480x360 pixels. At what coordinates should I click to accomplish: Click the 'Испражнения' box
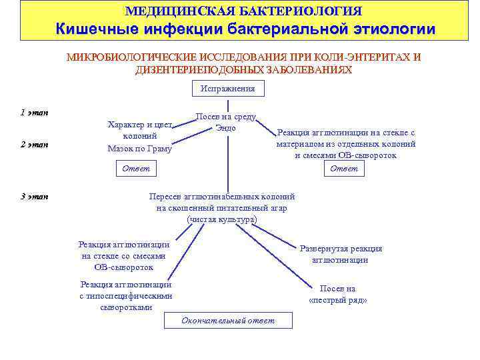[227, 89]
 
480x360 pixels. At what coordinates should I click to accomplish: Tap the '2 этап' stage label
[34, 145]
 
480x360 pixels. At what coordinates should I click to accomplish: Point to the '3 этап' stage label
[34, 196]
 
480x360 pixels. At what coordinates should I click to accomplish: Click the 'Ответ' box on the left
[136, 169]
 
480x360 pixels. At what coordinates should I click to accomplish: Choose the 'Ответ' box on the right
[344, 169]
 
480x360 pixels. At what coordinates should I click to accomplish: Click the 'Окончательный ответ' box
[227, 321]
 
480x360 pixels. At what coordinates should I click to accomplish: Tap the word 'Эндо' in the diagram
[225, 128]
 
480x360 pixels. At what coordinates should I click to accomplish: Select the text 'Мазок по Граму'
[139, 149]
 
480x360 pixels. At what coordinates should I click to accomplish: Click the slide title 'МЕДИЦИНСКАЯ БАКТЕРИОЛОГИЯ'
[244, 11]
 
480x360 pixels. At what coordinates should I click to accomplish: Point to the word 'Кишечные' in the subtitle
[95, 29]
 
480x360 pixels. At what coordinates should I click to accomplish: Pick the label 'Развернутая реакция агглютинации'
[340, 254]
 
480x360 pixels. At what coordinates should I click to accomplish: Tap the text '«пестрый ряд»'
[338, 300]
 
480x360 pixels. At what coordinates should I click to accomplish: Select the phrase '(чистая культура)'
[222, 219]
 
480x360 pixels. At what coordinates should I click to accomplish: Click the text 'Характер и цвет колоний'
[139, 130]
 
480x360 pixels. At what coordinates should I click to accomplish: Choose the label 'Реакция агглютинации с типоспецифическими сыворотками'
[125, 296]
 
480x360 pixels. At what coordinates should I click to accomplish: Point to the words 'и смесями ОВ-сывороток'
[345, 155]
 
